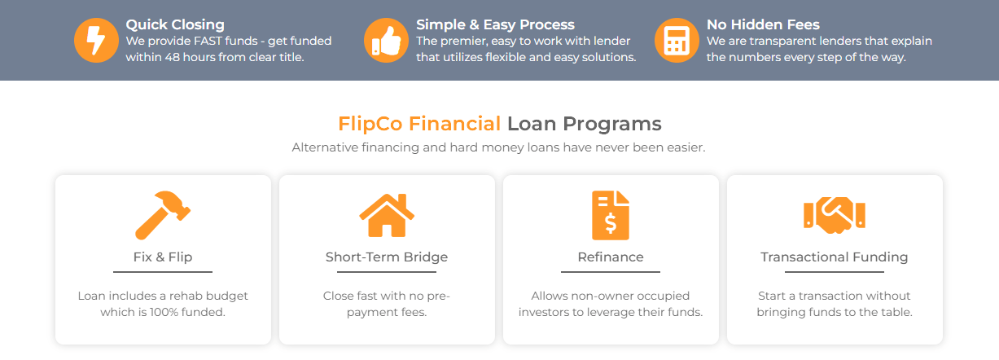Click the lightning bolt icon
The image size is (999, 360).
(x=96, y=40)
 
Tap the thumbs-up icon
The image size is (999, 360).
(x=386, y=40)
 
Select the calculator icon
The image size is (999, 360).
(x=677, y=40)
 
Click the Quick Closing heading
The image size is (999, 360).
(x=175, y=24)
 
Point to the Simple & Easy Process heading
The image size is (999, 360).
(x=495, y=24)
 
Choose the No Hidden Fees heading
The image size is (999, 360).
(x=763, y=24)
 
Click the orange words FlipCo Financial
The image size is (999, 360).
(x=419, y=124)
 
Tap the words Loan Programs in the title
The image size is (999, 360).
(x=585, y=124)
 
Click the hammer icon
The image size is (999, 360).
(x=163, y=215)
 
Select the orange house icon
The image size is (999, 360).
(x=387, y=215)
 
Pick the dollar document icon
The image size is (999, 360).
(x=611, y=216)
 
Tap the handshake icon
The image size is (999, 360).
(x=835, y=215)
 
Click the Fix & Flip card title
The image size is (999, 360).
(x=163, y=257)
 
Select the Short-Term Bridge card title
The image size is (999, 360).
(x=387, y=257)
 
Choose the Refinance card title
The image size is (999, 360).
(x=611, y=257)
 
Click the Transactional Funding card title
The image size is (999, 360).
(x=835, y=257)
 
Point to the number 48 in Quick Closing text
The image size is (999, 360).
(x=172, y=57)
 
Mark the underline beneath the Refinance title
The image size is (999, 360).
(x=611, y=272)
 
